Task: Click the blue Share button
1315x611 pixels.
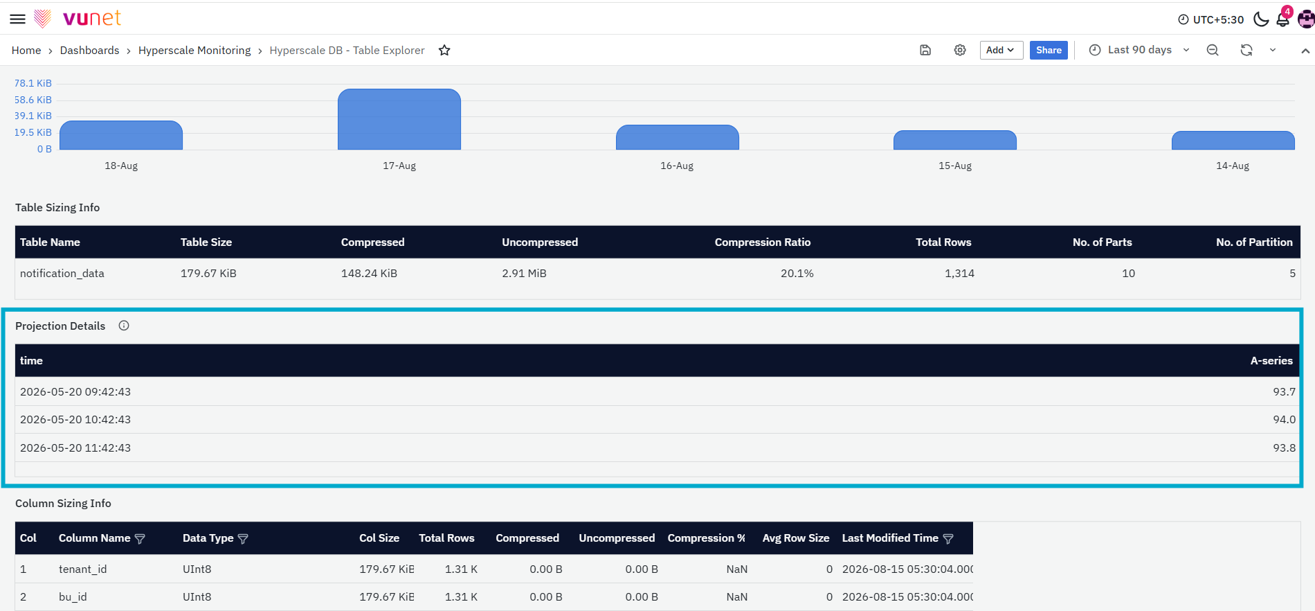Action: click(1049, 50)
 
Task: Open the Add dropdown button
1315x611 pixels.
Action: click(1001, 50)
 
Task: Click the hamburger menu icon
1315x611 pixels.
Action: click(17, 19)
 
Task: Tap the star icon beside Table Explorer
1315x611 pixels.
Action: click(444, 50)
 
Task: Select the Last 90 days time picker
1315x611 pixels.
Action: click(1139, 50)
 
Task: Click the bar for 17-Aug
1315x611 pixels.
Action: click(399, 119)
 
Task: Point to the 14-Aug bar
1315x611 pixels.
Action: click(1233, 140)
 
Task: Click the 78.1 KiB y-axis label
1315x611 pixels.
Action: click(33, 83)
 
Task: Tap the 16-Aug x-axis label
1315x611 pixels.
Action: click(677, 166)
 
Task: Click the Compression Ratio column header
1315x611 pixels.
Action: click(762, 242)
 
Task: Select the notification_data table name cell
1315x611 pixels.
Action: click(62, 274)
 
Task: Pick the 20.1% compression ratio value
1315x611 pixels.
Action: click(797, 274)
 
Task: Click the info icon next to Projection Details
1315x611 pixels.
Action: click(124, 326)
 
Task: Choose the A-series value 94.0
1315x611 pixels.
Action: click(1284, 420)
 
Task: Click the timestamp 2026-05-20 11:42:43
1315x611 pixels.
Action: click(75, 448)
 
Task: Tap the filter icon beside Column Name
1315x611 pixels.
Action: click(140, 539)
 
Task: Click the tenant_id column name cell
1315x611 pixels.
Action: click(82, 569)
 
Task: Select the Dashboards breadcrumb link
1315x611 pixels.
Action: click(89, 51)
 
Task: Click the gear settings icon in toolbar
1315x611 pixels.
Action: click(960, 50)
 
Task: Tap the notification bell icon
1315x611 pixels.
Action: click(1282, 19)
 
